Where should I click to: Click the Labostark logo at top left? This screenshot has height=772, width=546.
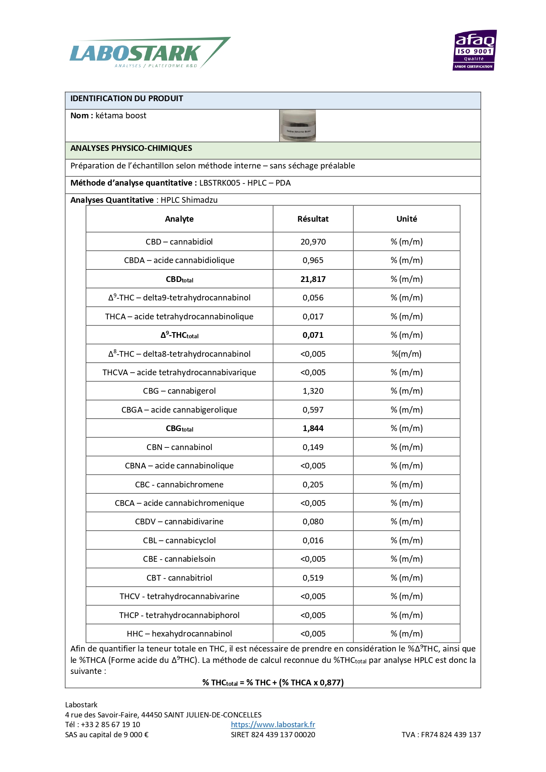(150, 53)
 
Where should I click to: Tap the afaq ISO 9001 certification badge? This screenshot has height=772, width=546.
(474, 50)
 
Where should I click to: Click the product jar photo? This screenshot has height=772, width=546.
(297, 126)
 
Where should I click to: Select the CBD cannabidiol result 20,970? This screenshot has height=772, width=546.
(313, 242)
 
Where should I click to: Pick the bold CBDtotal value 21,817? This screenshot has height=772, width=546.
(313, 279)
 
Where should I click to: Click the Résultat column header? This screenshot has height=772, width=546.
(313, 219)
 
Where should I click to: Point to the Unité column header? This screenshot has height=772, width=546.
(407, 219)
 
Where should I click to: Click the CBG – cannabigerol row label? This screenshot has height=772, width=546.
(179, 391)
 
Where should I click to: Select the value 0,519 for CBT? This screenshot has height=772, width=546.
(313, 578)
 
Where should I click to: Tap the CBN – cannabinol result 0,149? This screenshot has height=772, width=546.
(313, 447)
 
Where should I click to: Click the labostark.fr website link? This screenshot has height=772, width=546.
(273, 724)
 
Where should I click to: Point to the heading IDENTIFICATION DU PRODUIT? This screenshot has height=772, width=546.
(127, 99)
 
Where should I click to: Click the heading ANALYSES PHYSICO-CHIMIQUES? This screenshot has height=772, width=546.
(131, 148)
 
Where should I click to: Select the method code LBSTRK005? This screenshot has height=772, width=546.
(220, 183)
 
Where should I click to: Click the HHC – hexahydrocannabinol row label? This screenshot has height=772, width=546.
(179, 634)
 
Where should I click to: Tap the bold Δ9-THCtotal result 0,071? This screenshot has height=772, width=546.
(313, 335)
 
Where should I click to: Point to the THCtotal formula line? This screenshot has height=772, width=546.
(273, 683)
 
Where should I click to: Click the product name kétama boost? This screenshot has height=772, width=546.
(121, 116)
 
